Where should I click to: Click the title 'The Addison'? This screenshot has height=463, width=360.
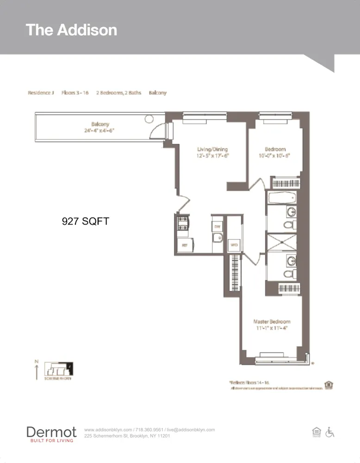71,30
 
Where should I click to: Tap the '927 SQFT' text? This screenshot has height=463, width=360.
86,221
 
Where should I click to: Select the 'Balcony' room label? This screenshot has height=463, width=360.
100,124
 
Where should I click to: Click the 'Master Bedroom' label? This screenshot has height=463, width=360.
272,321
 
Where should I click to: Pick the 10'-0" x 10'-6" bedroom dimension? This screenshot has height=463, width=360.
275,156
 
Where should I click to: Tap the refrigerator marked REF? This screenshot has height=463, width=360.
184,245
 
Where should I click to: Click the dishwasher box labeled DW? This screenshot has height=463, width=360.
217,226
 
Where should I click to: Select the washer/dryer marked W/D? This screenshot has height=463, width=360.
234,244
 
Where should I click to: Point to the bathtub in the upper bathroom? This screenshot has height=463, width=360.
281,198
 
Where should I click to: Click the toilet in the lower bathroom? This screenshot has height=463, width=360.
290,275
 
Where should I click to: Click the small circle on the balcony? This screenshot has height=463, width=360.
149,119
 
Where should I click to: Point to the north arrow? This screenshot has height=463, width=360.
37,370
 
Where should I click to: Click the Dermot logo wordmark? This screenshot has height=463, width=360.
51,432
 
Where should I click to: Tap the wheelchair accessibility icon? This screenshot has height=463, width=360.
330,432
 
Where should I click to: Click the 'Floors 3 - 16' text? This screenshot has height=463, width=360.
75,93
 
